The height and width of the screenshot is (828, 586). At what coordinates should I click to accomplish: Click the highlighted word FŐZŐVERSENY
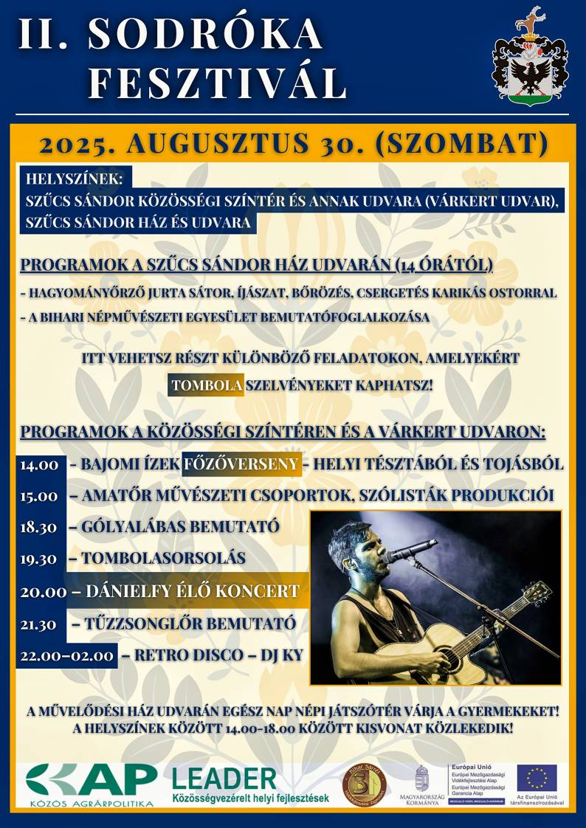point(241,464)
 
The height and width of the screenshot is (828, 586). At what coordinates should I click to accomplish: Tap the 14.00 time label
point(39,466)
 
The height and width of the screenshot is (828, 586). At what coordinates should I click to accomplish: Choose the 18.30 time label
point(39,528)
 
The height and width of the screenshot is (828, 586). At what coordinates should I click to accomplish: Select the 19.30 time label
point(39,559)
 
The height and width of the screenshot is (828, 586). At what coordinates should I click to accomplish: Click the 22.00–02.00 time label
point(67,655)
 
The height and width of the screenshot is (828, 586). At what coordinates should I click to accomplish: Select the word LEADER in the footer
point(224,779)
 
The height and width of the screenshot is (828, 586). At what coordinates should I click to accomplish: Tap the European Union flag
point(537,779)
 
